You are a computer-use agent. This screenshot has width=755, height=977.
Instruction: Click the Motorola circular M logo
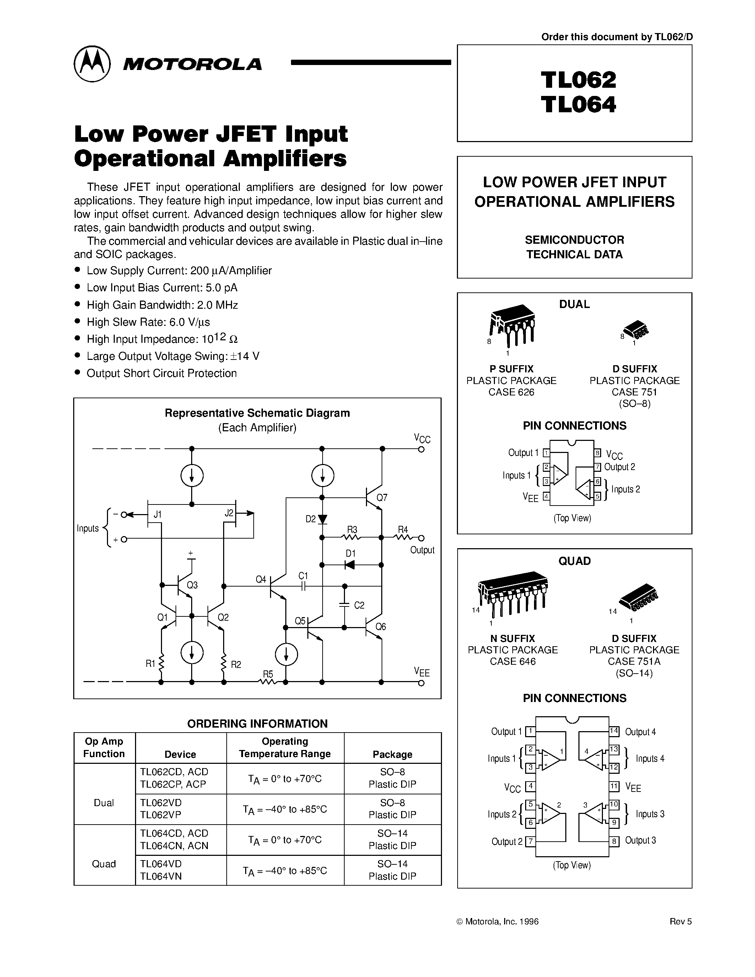click(92, 64)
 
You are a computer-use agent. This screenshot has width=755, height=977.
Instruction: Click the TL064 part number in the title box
click(578, 105)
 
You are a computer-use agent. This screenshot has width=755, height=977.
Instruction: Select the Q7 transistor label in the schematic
click(382, 497)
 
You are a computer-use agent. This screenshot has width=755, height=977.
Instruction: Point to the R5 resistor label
click(268, 674)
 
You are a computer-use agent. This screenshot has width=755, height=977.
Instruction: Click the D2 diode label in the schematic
click(311, 519)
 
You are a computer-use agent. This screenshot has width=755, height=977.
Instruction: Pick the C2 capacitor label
click(359, 605)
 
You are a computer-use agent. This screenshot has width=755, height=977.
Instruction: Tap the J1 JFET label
click(157, 514)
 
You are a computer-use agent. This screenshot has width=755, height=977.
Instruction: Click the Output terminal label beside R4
click(422, 550)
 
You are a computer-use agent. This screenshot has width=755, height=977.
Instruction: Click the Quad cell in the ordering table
click(104, 864)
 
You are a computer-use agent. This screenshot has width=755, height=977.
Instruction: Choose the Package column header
click(392, 754)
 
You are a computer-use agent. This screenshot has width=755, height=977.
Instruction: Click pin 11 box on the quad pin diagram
click(614, 786)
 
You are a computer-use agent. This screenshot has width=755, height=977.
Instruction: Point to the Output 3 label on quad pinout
click(641, 841)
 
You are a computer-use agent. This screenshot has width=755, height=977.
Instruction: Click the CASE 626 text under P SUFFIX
click(511, 392)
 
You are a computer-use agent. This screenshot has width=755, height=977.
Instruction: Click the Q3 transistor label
click(192, 585)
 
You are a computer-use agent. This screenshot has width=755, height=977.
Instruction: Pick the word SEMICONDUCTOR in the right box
click(574, 240)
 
